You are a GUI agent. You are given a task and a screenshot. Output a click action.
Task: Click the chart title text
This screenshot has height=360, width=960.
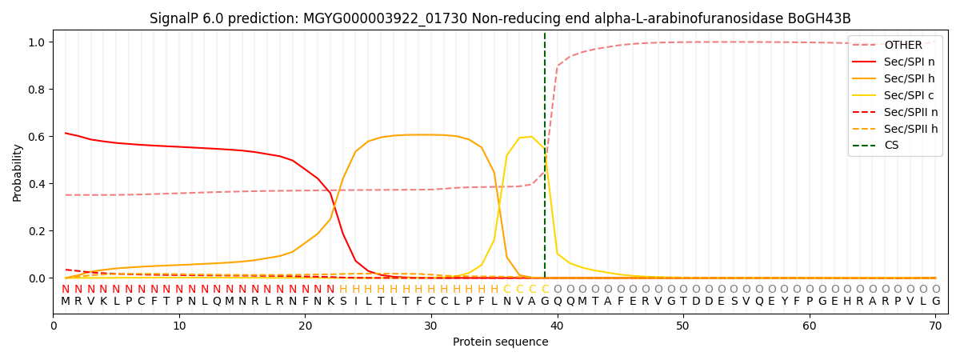(500, 18)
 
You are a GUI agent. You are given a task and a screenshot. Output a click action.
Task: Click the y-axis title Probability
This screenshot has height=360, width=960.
(18, 172)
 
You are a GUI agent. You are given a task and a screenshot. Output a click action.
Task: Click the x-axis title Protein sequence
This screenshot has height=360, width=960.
(500, 342)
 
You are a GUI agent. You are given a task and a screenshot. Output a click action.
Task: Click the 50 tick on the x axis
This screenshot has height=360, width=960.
(682, 326)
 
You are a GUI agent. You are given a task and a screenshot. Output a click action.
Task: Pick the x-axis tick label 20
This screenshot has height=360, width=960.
(305, 326)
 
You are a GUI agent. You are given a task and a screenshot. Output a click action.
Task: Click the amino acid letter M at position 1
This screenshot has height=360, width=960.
(66, 302)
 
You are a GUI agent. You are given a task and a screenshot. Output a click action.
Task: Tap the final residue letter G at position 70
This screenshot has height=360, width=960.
(935, 302)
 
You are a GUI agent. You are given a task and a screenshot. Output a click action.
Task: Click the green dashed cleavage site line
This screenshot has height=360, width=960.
(545, 160)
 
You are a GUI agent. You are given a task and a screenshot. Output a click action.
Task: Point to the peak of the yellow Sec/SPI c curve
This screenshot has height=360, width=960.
(531, 137)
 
